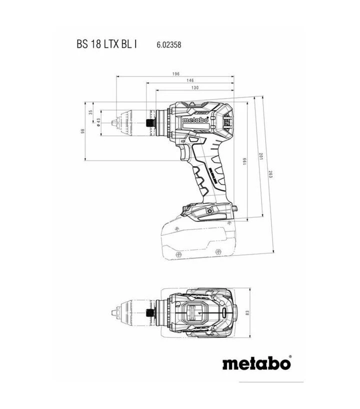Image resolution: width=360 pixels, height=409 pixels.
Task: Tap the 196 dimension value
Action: coord(175,74)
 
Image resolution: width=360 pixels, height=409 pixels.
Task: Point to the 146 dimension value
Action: coord(190,80)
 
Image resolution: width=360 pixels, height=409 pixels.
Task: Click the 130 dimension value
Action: coord(194,87)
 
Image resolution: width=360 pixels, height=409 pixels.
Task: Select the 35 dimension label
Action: coord(90,112)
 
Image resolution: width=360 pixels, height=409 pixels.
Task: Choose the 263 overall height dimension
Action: coord(270,175)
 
